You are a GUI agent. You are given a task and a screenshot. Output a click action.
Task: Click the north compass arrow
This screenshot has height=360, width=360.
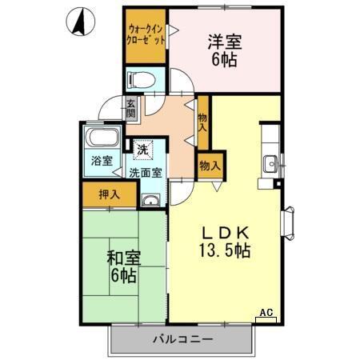79,22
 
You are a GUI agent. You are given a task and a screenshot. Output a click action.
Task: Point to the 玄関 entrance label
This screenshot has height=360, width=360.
130,107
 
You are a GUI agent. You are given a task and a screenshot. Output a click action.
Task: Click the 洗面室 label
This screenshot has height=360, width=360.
146,171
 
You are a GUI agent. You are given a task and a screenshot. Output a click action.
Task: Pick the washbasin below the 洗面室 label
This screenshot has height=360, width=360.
150,199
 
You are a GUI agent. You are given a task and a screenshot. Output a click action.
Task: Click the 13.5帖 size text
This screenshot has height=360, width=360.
226,251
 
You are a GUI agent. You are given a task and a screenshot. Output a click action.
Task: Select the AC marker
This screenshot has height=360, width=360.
266,313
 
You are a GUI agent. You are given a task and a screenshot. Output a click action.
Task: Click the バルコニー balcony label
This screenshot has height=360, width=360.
183,339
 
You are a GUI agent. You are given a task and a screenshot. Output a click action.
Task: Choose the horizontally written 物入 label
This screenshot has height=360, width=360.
210,166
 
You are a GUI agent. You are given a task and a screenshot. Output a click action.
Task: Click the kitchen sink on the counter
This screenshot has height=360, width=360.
269,158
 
